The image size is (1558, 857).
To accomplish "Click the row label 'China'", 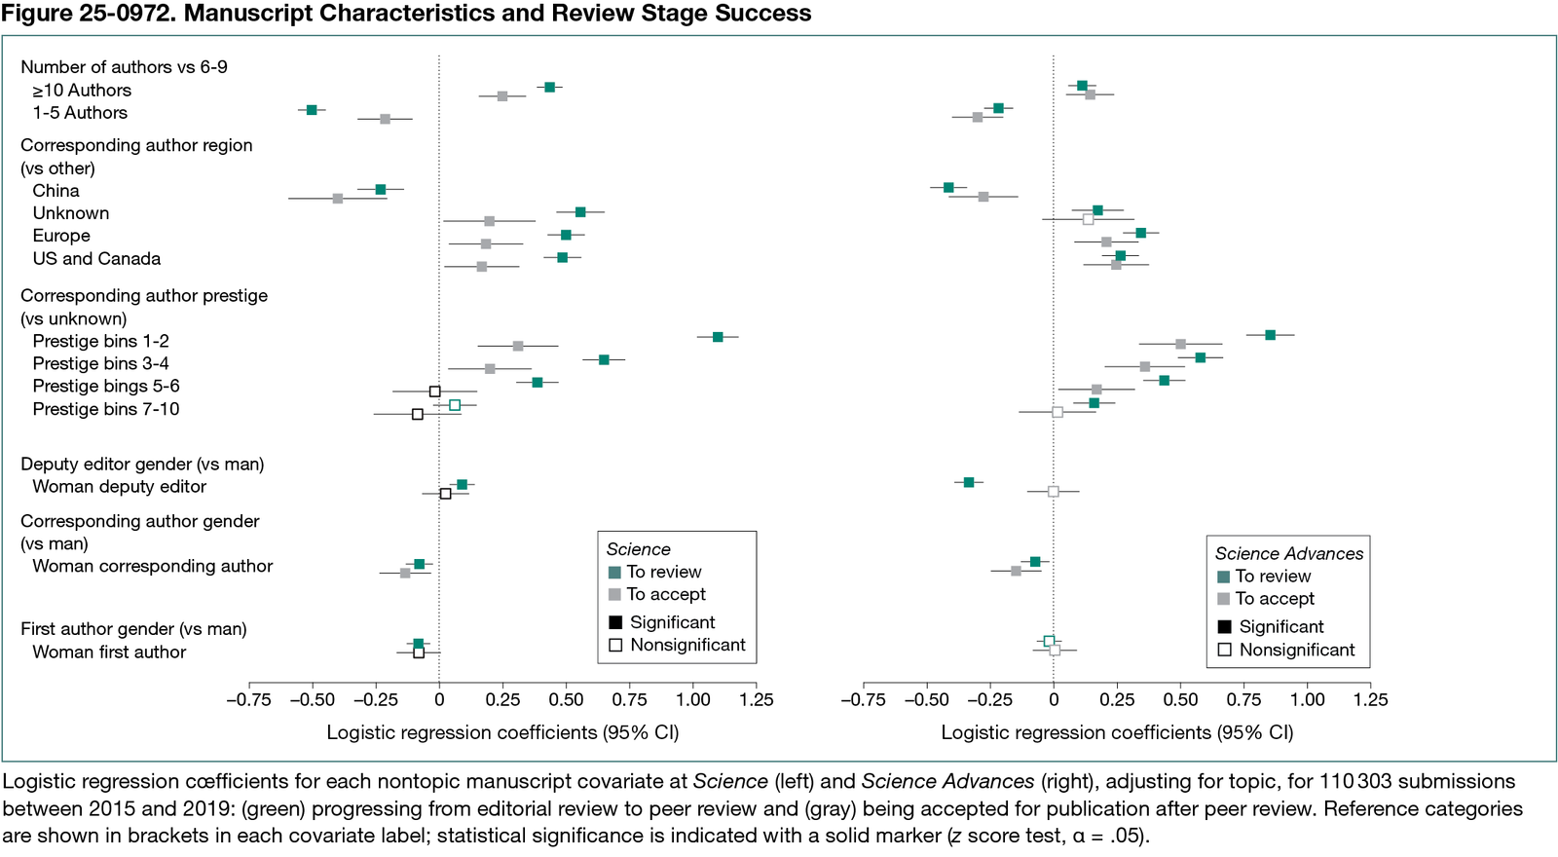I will (56, 191).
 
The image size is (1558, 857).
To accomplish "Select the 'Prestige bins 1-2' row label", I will (100, 341).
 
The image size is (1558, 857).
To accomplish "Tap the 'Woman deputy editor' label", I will (119, 487).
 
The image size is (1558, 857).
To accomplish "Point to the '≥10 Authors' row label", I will (82, 91).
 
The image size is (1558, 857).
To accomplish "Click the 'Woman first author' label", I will (109, 652).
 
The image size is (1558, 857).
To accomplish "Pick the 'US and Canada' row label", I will (96, 259).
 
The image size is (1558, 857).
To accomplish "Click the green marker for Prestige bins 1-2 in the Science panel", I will (718, 337).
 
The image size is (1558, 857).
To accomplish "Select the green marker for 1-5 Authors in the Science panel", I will (312, 110).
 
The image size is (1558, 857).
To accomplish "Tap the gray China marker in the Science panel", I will (338, 199).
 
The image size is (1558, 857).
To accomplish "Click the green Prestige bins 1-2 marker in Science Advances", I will (1270, 335).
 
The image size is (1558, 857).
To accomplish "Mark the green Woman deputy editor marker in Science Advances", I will (969, 482).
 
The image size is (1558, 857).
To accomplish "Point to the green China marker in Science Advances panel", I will (948, 187).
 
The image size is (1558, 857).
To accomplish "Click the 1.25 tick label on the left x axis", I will (757, 700).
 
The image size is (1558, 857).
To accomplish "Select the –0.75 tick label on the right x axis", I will (863, 700).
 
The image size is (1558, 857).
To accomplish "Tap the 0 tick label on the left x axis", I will (439, 700).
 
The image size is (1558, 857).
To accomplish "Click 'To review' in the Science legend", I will (663, 573).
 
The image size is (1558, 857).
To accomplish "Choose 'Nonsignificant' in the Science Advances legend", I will (1296, 651).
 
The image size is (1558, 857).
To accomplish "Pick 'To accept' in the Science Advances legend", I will (1274, 599).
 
